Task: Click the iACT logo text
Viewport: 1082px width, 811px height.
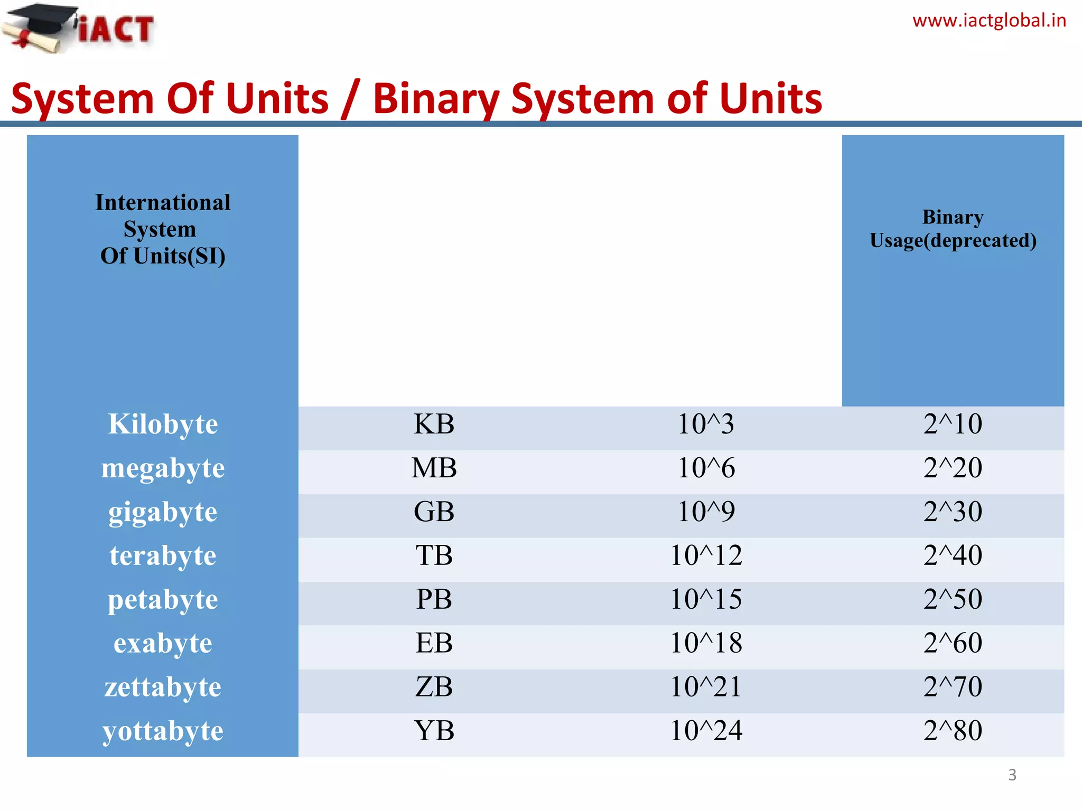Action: pyautogui.click(x=116, y=29)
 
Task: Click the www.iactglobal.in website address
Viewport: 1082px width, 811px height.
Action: pyautogui.click(x=989, y=21)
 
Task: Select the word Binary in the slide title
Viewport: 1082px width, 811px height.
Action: pyautogui.click(x=435, y=99)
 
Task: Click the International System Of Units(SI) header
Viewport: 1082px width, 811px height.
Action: pyautogui.click(x=163, y=229)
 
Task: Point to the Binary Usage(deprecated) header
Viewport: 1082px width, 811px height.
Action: pyautogui.click(x=953, y=229)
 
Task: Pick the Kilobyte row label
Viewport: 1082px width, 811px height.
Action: pyautogui.click(x=163, y=424)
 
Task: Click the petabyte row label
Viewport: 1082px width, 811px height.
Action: pyautogui.click(x=163, y=599)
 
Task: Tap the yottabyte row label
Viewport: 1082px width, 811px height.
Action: pyautogui.click(x=163, y=731)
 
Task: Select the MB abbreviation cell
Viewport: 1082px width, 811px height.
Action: pyautogui.click(x=434, y=468)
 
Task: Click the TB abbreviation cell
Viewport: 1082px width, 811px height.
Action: pyautogui.click(x=434, y=555)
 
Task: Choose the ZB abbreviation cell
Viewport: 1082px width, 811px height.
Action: pyautogui.click(x=434, y=687)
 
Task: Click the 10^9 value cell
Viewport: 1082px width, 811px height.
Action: pyautogui.click(x=706, y=512)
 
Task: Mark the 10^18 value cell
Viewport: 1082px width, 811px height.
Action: pyautogui.click(x=706, y=643)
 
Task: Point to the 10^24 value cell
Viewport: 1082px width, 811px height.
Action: pyautogui.click(x=706, y=731)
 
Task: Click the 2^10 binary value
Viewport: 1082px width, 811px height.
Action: pyautogui.click(x=953, y=424)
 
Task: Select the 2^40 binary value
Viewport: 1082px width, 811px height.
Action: pyautogui.click(x=953, y=555)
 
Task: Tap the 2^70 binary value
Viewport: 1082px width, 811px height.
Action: pyautogui.click(x=953, y=687)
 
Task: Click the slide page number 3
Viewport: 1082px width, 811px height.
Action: pyautogui.click(x=1012, y=775)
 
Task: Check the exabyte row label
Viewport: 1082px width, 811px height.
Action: pyautogui.click(x=163, y=643)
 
